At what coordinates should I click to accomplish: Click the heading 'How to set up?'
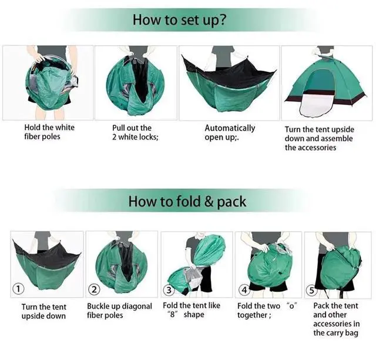point(179,20)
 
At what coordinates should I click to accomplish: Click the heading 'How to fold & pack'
point(187,202)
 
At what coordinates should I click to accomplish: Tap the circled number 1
point(18,288)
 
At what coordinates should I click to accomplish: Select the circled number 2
point(94,289)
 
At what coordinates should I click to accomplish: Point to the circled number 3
point(169,290)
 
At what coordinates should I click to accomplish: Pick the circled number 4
point(244,290)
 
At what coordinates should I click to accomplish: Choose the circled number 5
point(312,291)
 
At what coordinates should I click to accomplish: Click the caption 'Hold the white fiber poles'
point(49,132)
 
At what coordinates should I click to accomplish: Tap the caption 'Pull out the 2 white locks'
point(135,132)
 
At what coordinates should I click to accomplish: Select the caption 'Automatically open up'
point(230,132)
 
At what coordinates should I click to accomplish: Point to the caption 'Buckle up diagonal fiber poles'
point(119,311)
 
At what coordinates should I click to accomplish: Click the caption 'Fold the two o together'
point(267,310)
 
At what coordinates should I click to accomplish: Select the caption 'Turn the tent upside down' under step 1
point(43,311)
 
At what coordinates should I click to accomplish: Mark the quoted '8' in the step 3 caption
point(172,314)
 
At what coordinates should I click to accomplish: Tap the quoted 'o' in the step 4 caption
point(291,305)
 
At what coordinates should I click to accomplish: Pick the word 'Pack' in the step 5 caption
point(321,306)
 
